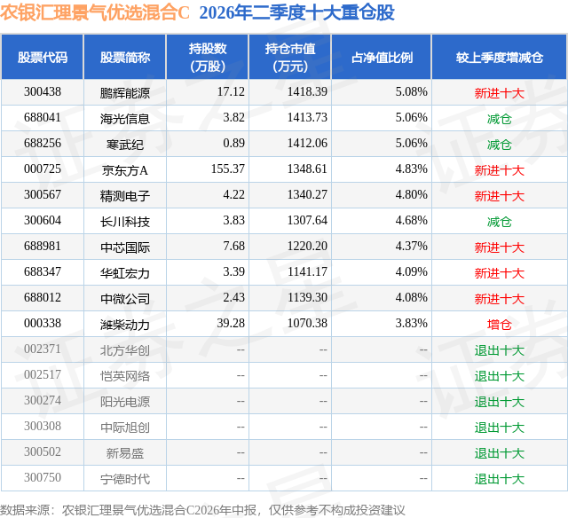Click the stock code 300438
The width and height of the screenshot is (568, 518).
tap(43, 92)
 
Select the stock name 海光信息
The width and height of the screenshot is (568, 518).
tap(125, 118)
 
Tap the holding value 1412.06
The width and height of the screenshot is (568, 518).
tap(307, 144)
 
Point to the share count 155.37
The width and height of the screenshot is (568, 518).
tap(228, 169)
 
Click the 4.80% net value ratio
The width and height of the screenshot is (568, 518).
tap(411, 195)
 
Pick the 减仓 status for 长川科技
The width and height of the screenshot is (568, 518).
tap(499, 221)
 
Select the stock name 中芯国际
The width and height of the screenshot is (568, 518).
tap(125, 247)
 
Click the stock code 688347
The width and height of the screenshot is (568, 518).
tap(43, 271)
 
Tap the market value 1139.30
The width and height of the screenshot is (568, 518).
tap(307, 297)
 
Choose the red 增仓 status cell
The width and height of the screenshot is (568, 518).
tap(499, 324)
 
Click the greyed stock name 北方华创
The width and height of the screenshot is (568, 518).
tap(125, 349)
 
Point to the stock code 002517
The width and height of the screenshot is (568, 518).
tap(43, 374)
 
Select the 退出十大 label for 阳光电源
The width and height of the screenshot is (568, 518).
tap(499, 401)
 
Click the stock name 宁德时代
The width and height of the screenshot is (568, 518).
tap(125, 478)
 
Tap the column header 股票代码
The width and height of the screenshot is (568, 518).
tap(43, 57)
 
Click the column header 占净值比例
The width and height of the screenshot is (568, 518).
tap(382, 57)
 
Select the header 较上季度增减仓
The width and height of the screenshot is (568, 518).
tap(499, 57)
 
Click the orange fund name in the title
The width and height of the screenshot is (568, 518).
tap(95, 12)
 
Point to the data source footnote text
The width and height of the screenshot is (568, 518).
tap(202, 510)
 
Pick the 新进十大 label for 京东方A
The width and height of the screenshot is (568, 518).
tap(499, 169)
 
